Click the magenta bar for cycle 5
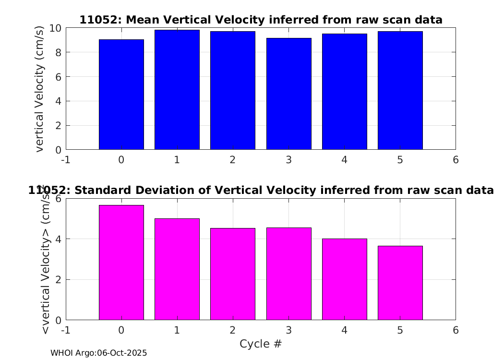click(400, 283)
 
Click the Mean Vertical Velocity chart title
click(261, 20)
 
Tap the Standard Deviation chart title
click(261, 190)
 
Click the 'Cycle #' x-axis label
click(261, 344)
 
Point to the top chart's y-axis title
click(40, 89)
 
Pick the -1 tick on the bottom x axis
click(66, 330)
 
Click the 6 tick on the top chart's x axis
click(456, 159)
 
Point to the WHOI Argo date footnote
click(98, 353)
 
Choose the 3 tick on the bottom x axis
click(288, 330)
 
